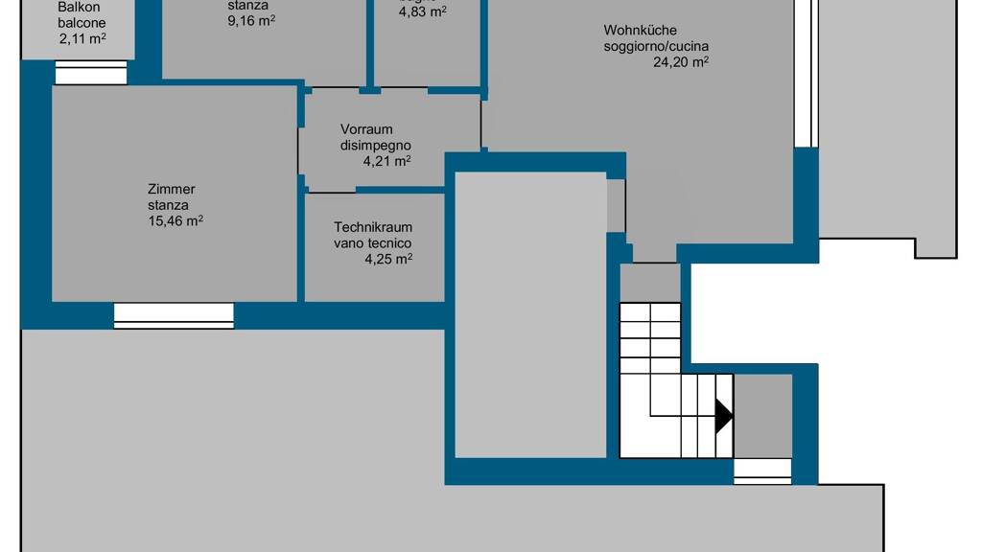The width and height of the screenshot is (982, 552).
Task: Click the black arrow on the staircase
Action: tap(723, 416)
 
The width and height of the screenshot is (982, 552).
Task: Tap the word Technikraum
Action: tap(373, 227)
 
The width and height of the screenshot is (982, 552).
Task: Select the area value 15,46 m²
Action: tap(175, 220)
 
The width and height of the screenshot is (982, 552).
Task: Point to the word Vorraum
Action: tap(366, 129)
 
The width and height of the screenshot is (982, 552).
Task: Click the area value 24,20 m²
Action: tap(681, 61)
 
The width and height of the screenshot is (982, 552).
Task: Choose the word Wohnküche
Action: tap(640, 31)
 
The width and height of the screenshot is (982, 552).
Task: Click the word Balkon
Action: tap(79, 7)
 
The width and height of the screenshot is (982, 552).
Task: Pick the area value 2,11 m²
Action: tap(82, 39)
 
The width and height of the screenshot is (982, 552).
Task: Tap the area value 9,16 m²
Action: tap(251, 19)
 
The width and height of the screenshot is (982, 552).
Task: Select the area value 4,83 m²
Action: tap(423, 12)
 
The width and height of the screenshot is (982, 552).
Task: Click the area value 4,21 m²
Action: tap(386, 161)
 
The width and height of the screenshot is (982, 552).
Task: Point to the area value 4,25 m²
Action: tap(388, 258)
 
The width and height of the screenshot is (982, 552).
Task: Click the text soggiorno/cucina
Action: tap(657, 46)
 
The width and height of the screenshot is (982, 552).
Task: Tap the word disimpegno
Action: tap(376, 146)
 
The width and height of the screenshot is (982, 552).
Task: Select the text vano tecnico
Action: tap(373, 243)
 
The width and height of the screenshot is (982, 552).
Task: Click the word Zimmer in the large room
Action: tap(172, 189)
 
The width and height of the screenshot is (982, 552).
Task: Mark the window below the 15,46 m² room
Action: tap(174, 315)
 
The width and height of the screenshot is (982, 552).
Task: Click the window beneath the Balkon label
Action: tap(91, 73)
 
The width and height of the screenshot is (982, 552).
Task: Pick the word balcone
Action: tap(82, 23)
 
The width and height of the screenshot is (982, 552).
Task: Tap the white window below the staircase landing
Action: tap(762, 471)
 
